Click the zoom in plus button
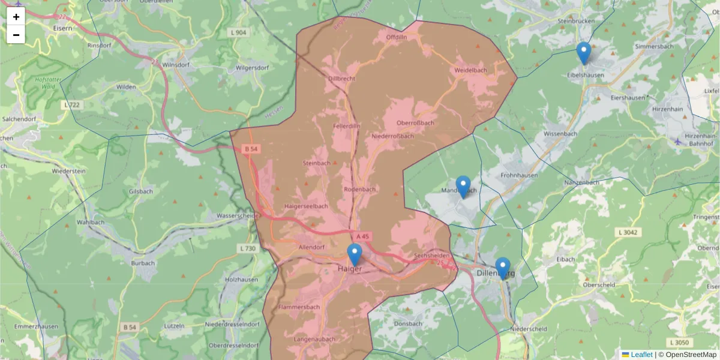(x=16, y=17)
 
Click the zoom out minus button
(x=16, y=35)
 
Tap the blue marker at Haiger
(x=355, y=255)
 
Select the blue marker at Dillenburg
(x=503, y=268)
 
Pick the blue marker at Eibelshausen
(x=584, y=53)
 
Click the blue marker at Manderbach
(x=463, y=187)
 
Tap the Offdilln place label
(x=397, y=37)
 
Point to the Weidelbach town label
(x=471, y=70)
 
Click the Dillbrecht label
(x=342, y=79)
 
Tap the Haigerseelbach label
(x=305, y=206)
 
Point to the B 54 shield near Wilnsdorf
(x=250, y=148)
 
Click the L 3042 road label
(x=627, y=232)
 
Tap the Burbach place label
(x=143, y=263)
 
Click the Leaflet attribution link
(x=641, y=355)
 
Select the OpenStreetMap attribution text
(x=691, y=355)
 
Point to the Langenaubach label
(x=315, y=340)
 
